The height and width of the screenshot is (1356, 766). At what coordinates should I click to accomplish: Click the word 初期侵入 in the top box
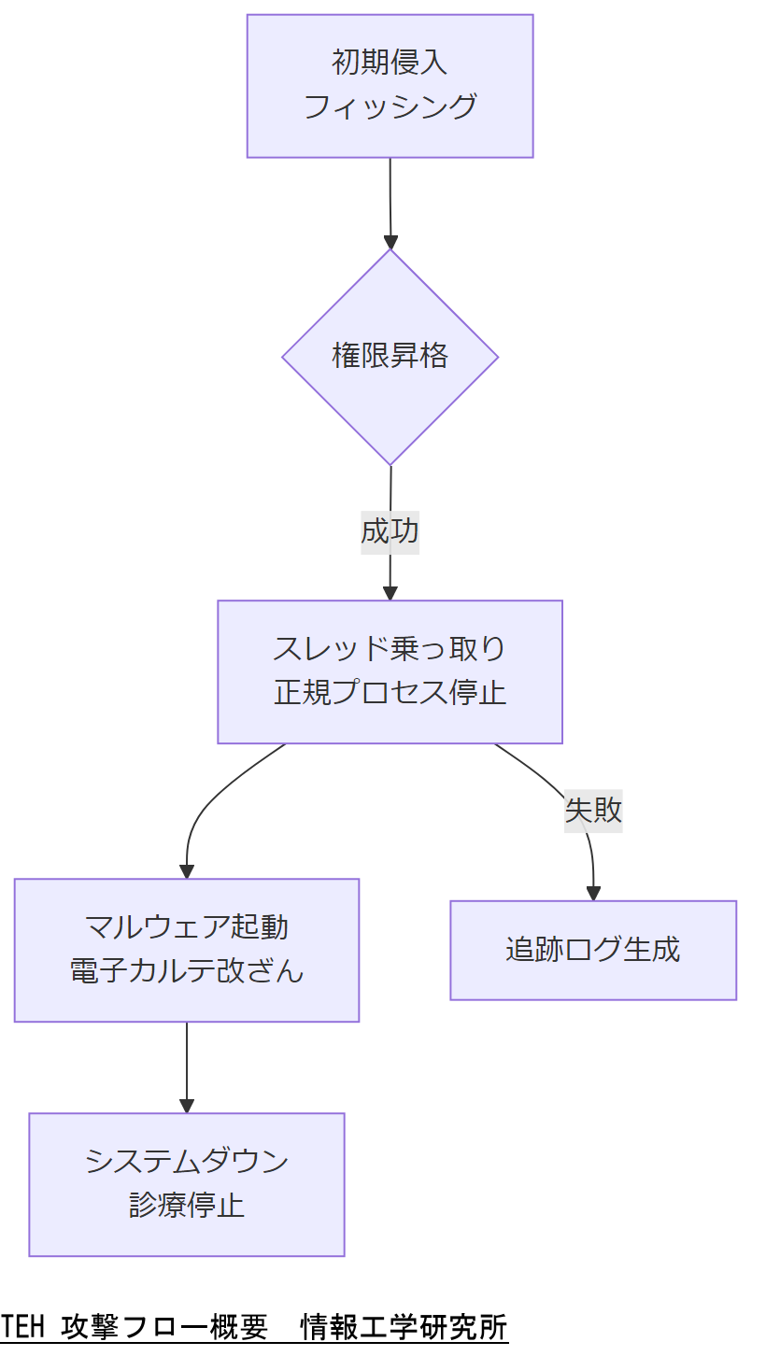click(390, 63)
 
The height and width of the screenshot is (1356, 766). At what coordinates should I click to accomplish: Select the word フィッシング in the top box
click(390, 106)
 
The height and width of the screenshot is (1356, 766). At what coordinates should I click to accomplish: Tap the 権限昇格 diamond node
click(390, 356)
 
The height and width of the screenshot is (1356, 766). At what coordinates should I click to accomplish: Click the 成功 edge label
click(390, 531)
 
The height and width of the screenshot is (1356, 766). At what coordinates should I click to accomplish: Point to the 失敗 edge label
click(593, 810)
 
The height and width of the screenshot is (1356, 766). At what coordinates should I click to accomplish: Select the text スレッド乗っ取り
click(390, 648)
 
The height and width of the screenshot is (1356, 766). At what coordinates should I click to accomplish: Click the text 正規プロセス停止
click(390, 693)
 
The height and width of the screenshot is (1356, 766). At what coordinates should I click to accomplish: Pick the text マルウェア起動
click(186, 927)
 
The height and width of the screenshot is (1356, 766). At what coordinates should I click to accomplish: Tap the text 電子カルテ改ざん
click(186, 971)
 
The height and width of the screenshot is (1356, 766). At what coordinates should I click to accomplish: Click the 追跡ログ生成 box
click(593, 950)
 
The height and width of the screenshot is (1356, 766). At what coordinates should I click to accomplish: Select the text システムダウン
click(186, 1162)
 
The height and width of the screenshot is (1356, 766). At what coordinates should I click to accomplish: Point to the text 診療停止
click(186, 1206)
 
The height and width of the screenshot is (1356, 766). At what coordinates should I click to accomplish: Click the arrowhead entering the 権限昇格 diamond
click(390, 242)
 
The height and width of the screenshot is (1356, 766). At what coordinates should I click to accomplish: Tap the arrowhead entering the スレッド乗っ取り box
click(390, 593)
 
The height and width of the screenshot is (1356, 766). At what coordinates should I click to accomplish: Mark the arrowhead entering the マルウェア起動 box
click(187, 871)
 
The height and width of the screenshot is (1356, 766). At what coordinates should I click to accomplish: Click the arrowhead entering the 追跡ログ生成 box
click(593, 893)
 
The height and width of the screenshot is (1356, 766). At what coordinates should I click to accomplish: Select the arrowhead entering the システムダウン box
click(187, 1106)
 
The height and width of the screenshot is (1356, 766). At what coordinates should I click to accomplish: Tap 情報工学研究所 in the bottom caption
click(404, 1327)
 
